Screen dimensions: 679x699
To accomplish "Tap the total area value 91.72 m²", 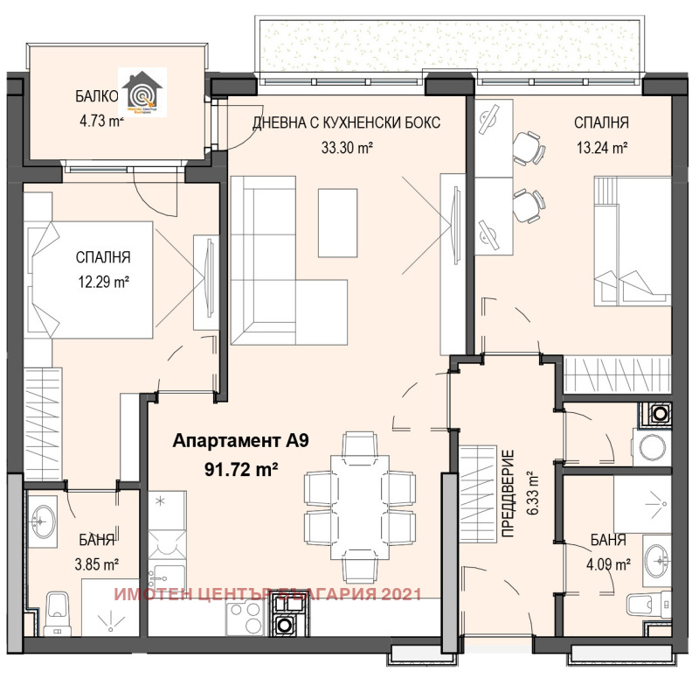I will pos(241,470).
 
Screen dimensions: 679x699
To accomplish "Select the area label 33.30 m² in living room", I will pos(347,148).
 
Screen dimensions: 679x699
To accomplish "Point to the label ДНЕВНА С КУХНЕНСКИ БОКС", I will pos(347,122).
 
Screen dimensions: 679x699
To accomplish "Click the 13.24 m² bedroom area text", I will pos(601,148).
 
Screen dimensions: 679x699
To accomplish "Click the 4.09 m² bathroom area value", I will pos(609,564).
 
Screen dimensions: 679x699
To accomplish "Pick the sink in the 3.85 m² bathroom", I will pos(42,522).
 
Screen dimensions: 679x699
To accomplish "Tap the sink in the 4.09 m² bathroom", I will pos(659,555).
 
